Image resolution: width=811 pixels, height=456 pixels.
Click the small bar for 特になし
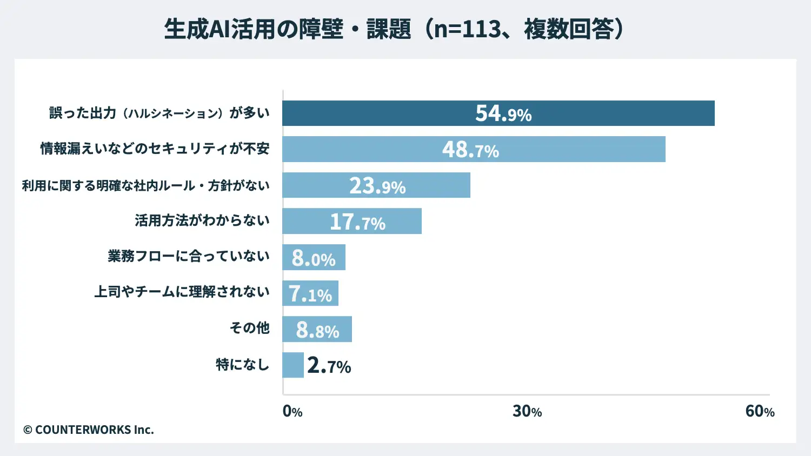tap(293, 365)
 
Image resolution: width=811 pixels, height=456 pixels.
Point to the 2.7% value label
tap(329, 366)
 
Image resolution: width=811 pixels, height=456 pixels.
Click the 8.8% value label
tap(317, 330)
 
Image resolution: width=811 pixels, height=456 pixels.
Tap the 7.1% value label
tap(310, 294)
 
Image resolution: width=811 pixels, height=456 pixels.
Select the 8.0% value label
tap(314, 258)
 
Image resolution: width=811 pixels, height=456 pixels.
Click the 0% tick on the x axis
tap(293, 411)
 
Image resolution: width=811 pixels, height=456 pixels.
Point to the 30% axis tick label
tap(527, 411)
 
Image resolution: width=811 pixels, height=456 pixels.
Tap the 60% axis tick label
tap(760, 411)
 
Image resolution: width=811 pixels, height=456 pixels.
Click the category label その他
tap(249, 328)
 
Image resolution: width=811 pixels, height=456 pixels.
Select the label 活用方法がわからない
tap(202, 220)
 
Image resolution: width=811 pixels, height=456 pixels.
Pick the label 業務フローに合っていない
tap(188, 256)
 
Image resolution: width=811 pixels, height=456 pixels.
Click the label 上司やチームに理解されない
tap(182, 292)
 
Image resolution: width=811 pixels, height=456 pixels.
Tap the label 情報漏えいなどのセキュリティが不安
tap(155, 149)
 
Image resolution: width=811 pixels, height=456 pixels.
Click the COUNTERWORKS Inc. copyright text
tap(89, 430)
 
